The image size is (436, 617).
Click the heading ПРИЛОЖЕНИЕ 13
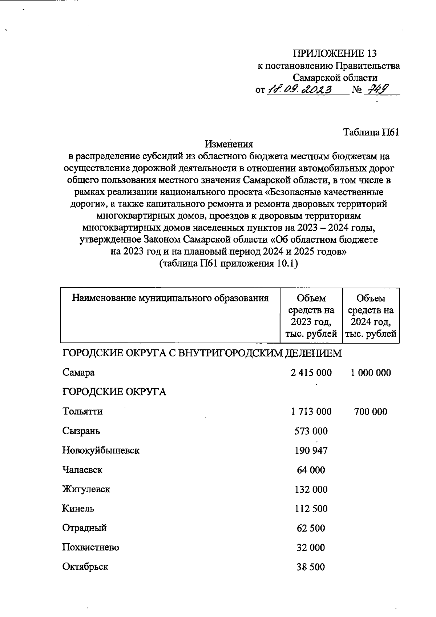(x=335, y=53)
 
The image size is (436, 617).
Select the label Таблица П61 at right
(x=371, y=132)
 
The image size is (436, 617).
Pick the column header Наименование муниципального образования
(x=170, y=299)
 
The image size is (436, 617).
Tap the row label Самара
(x=78, y=373)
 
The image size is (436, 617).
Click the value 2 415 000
(x=311, y=373)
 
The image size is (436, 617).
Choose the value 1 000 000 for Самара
(x=371, y=373)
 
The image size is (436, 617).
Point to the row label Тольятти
(x=82, y=412)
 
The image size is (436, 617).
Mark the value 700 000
(x=371, y=412)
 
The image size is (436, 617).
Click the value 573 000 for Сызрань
(x=311, y=431)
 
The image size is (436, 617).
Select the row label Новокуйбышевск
(x=101, y=450)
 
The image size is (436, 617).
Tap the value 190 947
(x=311, y=451)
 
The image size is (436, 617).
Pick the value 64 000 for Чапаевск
(x=311, y=470)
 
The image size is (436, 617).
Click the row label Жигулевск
(x=86, y=489)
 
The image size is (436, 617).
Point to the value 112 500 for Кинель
(x=311, y=509)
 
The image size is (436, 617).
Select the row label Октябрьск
(x=85, y=567)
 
